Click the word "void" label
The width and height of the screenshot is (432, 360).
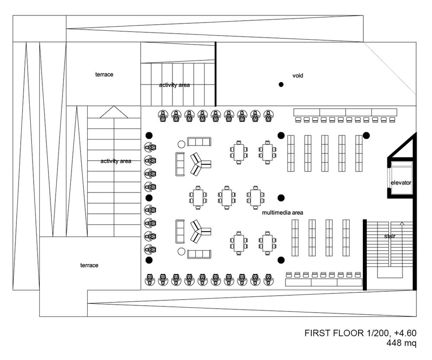pyautogui.click(x=298, y=76)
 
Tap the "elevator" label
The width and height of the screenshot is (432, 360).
pyautogui.click(x=401, y=182)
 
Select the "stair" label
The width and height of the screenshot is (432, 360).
pyautogui.click(x=390, y=236)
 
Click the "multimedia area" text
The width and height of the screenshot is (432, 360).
pyautogui.click(x=283, y=213)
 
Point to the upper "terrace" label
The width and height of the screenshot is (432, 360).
pyautogui.click(x=104, y=74)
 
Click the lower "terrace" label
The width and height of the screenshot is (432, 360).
pyautogui.click(x=89, y=265)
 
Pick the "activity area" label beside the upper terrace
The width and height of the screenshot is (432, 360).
pyautogui.click(x=175, y=85)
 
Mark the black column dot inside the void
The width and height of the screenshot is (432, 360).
pyautogui.click(x=281, y=85)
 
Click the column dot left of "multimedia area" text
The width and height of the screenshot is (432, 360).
pyautogui.click(x=281, y=198)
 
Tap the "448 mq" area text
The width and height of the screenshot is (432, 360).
pyautogui.click(x=401, y=343)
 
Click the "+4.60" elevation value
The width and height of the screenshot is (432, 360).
pyautogui.click(x=405, y=333)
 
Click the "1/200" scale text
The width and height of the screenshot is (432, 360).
pyautogui.click(x=378, y=333)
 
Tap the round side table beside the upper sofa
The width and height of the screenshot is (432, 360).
pyautogui.click(x=181, y=144)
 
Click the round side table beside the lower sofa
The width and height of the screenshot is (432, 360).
pyautogui.click(x=181, y=252)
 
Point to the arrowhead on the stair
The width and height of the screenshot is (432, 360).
pyautogui.click(x=402, y=223)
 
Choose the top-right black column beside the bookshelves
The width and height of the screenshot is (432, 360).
pyautogui.click(x=366, y=135)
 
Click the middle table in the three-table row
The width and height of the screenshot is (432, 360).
pyautogui.click(x=227, y=198)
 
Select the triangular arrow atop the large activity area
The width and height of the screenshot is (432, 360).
pyautogui.click(x=114, y=112)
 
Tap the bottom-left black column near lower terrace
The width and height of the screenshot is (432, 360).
pyautogui.click(x=149, y=260)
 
